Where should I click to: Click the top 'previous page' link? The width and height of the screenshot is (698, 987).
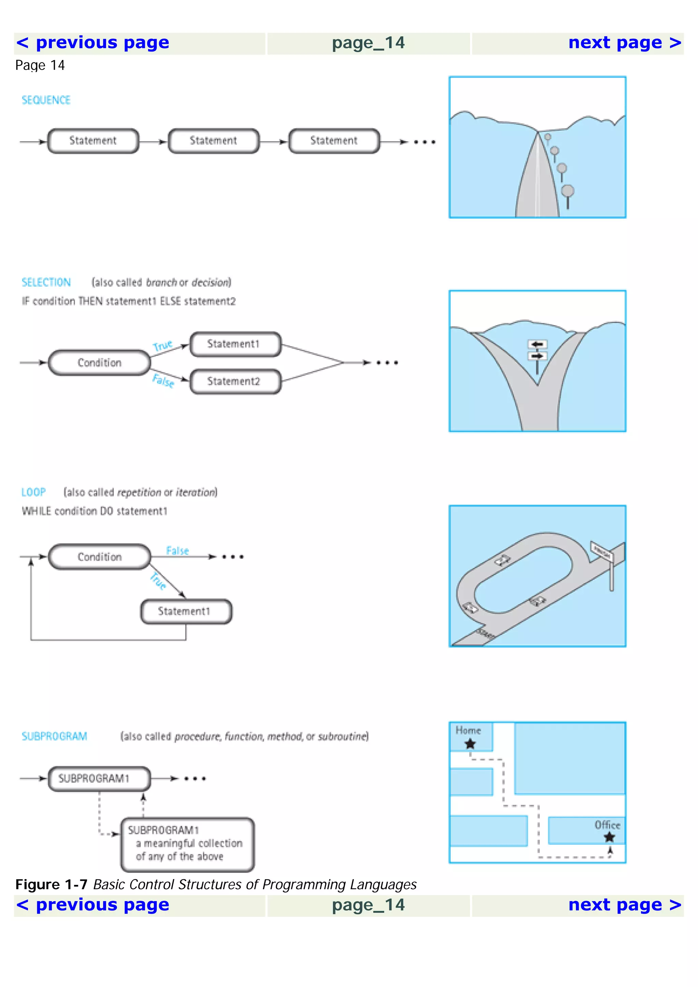point(93,43)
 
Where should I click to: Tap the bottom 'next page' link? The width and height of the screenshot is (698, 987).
point(624,905)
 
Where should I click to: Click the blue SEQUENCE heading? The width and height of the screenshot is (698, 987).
point(46,100)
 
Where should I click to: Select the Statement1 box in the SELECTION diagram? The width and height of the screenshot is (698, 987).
point(235,344)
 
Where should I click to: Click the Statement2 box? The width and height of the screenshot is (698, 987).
point(235,381)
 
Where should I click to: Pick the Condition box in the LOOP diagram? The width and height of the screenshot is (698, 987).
point(99,557)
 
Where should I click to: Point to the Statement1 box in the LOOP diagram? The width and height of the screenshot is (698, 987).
point(186,611)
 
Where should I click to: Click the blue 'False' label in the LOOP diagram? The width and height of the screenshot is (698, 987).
point(177,551)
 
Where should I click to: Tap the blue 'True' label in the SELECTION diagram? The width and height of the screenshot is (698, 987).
point(163,346)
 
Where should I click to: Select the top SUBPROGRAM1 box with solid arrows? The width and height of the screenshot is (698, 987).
point(99,779)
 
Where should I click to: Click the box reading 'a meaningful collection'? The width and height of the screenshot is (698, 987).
point(187,844)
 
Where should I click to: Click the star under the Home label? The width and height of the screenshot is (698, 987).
point(470,744)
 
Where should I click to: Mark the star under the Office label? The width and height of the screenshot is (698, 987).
point(609,837)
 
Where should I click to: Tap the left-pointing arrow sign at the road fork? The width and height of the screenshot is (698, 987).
point(537,344)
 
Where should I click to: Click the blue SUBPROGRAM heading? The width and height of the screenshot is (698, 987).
point(54,736)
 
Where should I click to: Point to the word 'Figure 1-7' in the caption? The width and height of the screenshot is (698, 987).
point(51,885)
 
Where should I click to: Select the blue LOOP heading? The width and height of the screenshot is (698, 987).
point(33,492)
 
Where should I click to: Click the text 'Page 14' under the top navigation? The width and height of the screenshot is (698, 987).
point(40,65)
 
